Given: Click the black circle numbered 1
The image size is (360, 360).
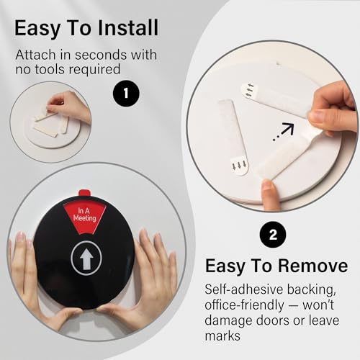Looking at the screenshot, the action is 126,93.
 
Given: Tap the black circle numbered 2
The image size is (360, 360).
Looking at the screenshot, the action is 273,235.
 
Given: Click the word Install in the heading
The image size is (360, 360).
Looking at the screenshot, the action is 128,28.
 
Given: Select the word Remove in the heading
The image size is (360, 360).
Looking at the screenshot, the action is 313,266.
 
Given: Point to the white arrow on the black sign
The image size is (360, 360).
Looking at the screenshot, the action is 86,258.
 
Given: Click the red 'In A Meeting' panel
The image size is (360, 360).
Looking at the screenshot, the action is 84,217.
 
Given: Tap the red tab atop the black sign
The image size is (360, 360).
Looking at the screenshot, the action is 84,193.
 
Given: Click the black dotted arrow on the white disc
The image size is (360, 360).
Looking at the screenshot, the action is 284,132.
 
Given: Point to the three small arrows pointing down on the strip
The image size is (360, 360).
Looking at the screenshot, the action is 239,165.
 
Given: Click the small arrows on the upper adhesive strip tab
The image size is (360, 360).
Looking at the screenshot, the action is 250,90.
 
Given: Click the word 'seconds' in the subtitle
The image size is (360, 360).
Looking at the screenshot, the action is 102,55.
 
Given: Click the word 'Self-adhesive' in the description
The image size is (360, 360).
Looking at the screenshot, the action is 244,289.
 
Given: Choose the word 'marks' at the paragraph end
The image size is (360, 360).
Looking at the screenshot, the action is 222,336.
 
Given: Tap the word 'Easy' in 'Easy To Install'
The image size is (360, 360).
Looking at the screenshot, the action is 37,29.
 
